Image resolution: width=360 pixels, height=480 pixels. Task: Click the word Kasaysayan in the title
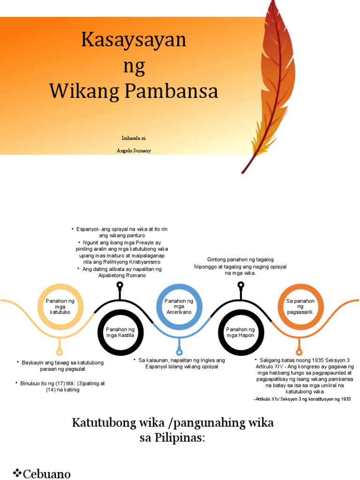point(134,40)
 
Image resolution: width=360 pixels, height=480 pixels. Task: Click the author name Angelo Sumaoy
point(134,150)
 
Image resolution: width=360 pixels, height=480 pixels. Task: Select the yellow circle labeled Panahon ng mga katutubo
point(60,307)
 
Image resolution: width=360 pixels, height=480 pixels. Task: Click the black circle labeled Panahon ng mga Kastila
point(120,332)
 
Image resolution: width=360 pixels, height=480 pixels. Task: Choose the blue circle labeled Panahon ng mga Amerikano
point(179,307)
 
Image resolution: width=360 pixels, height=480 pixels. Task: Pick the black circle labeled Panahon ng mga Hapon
point(240,332)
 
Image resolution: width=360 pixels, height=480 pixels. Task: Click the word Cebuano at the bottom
point(47,474)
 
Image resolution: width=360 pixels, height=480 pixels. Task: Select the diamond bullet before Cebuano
point(17,473)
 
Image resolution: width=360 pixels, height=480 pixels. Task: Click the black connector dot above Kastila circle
point(120,285)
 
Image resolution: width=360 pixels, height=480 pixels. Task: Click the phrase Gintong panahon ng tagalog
point(240,260)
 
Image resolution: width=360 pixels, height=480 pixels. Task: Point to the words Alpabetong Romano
point(122,276)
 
